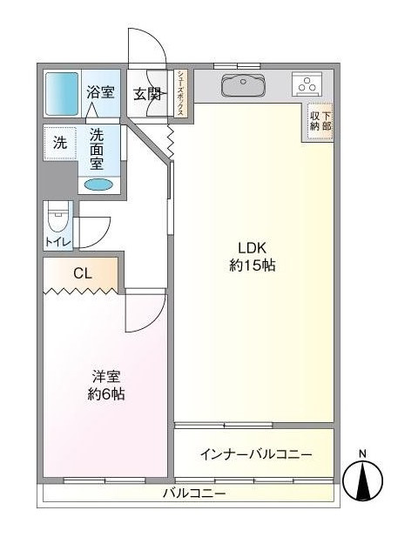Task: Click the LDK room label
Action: pos(252,246)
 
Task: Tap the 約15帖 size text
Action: pos(252,265)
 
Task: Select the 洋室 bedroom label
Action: pos(105,376)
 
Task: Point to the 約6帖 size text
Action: pos(105,394)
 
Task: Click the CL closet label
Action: pos(82,274)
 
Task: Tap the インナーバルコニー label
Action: pos(254,454)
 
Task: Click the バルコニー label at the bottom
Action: pos(194,494)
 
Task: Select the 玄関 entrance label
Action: pos(146,94)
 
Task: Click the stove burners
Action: pos(307,85)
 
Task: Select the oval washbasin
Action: pos(98,185)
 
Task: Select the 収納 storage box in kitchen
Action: pos(320,120)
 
